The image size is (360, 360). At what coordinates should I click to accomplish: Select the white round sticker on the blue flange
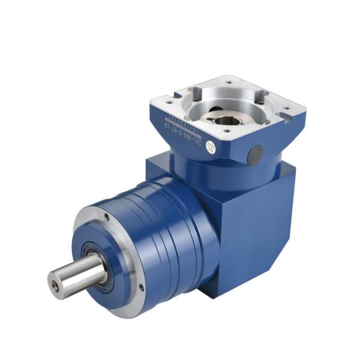211,146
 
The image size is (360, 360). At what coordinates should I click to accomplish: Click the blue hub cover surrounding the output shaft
108,252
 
